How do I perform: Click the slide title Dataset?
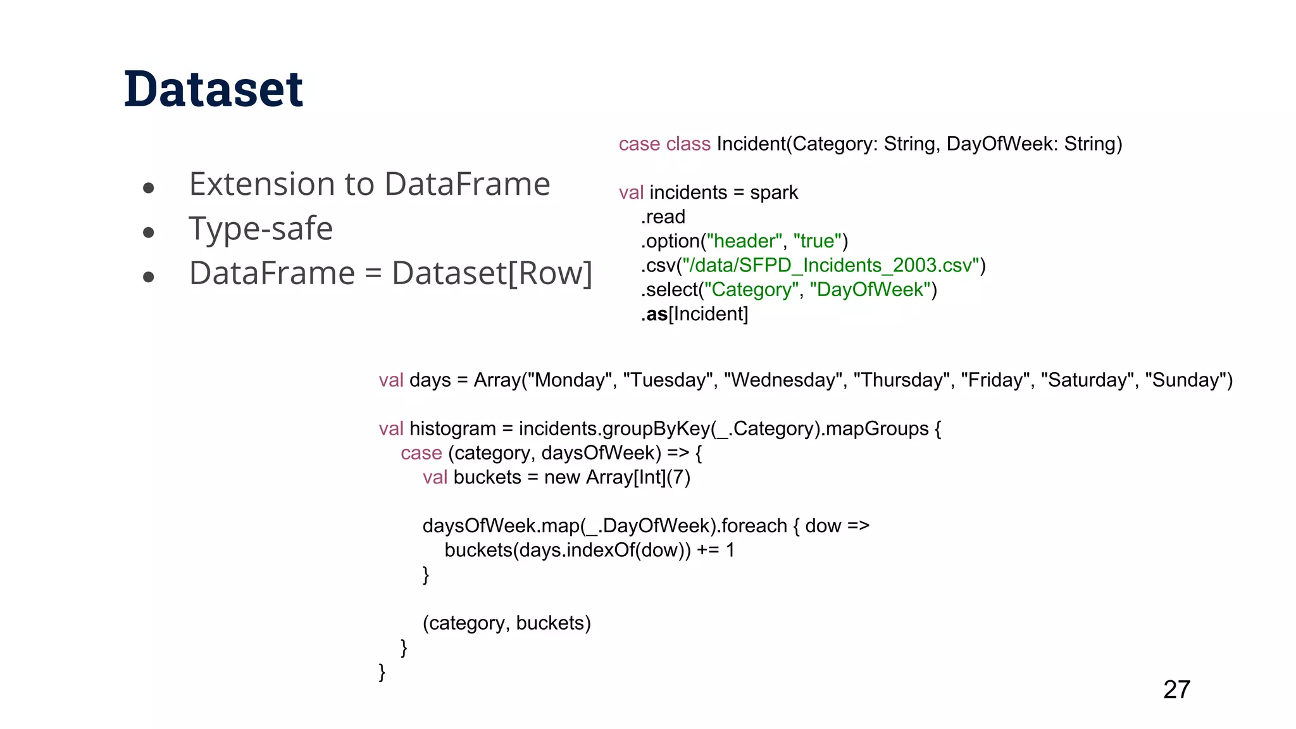214,89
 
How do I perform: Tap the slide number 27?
1176,689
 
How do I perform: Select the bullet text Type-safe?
261,228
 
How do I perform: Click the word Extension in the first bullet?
261,184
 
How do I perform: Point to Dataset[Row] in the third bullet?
492,273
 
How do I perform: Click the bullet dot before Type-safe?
149,232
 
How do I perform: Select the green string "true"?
817,241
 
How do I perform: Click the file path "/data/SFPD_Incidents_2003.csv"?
830,265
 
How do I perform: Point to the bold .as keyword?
656,314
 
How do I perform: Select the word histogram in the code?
452,428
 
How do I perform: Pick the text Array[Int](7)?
638,477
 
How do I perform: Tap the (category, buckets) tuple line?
506,623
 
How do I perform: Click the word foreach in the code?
754,526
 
